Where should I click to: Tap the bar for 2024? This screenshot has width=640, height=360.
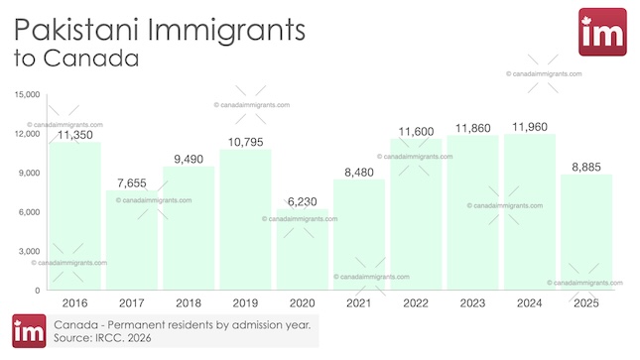coord(528,212)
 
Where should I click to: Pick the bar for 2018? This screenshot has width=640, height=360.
coord(189,228)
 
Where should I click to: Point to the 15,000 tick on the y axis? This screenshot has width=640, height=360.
coord(26,95)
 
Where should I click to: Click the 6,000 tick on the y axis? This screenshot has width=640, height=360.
coord(29,212)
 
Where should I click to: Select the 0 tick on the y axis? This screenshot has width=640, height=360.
coord(37,291)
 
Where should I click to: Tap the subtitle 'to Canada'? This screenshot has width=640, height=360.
coord(75,59)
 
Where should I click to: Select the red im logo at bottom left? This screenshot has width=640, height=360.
coord(27,331)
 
